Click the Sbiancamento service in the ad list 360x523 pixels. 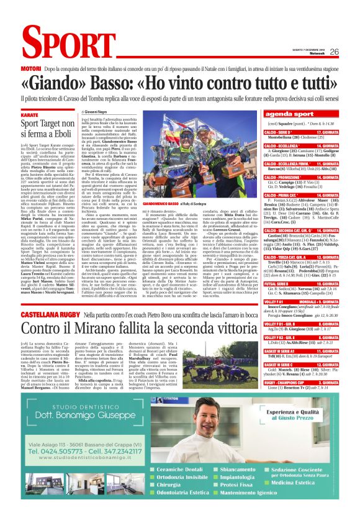223,486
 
